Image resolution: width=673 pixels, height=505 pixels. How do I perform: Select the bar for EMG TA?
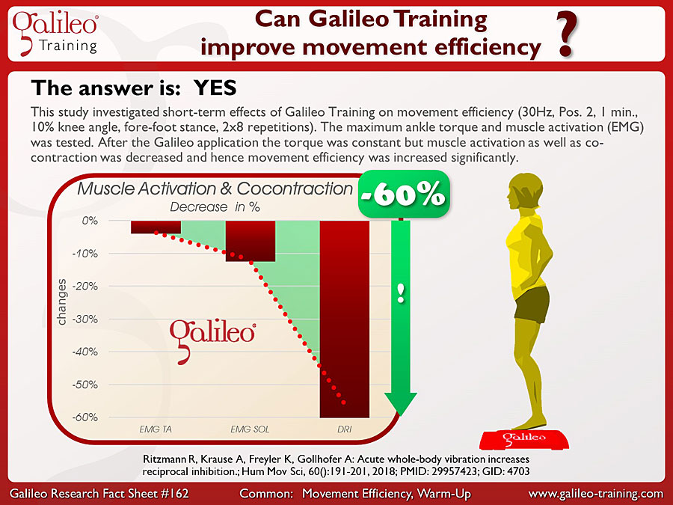(x=156, y=227)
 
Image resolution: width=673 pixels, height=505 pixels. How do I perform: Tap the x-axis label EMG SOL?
(x=251, y=430)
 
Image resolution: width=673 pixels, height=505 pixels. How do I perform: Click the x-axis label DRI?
(x=344, y=430)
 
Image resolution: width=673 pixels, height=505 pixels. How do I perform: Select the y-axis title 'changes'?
(x=63, y=302)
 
